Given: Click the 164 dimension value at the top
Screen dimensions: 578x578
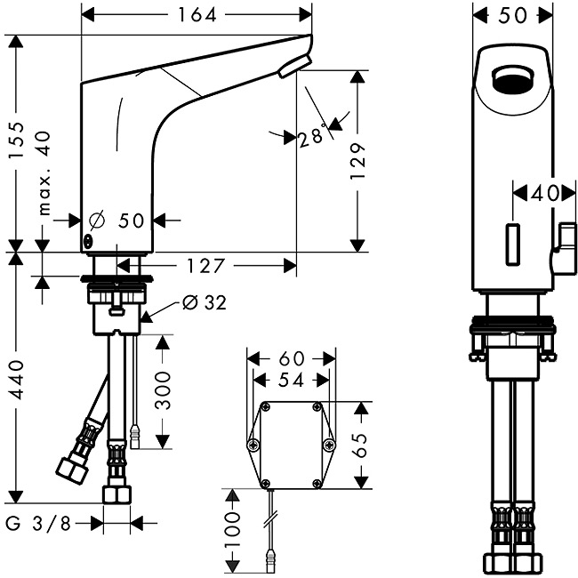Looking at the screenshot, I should tap(197, 14).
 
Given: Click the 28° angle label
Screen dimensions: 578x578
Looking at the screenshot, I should tap(310, 138).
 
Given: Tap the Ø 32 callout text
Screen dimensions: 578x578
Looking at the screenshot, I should tap(204, 303).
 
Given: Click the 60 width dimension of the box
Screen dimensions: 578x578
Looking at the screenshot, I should tap(291, 358).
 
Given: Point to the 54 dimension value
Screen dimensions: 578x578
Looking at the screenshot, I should tap(290, 380).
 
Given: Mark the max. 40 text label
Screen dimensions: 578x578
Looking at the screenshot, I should tap(45, 173).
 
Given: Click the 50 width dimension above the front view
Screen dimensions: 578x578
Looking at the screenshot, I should tap(514, 14).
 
